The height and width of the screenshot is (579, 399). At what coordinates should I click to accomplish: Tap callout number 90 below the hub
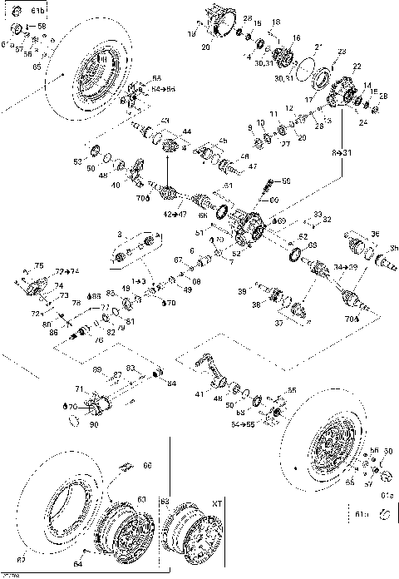(92, 424)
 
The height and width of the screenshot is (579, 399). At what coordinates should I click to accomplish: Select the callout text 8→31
(342, 153)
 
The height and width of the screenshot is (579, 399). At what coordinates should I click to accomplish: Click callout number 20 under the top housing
(205, 48)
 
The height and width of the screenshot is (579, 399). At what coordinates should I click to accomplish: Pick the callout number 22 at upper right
(357, 65)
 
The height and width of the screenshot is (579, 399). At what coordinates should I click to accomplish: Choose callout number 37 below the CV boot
(301, 323)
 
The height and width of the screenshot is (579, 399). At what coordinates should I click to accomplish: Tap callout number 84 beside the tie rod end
(171, 384)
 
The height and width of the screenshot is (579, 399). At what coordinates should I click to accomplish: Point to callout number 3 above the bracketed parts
(120, 235)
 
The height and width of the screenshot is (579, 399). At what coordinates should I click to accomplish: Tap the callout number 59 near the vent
(287, 181)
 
